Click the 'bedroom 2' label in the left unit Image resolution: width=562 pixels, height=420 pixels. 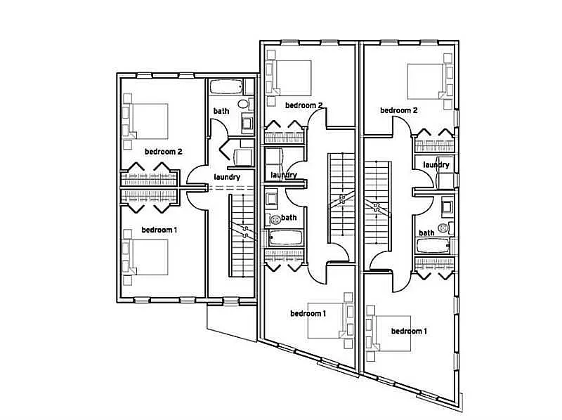[x=164, y=151]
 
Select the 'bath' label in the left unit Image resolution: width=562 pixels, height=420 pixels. [x=221, y=111]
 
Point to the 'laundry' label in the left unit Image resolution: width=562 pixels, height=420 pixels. [x=227, y=177]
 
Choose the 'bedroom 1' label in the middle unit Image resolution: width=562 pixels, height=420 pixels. [x=308, y=313]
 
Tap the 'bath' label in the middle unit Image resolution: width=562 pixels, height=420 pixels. [x=288, y=218]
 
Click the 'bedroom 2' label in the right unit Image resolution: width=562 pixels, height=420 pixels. [x=399, y=110]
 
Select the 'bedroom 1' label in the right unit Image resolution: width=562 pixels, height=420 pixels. [x=408, y=331]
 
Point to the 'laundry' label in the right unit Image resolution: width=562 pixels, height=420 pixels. [x=436, y=164]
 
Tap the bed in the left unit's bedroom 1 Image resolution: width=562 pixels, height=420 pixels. [x=149, y=256]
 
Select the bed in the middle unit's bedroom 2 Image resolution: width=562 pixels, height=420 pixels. [x=292, y=77]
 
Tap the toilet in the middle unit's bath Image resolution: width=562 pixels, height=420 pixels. [x=275, y=219]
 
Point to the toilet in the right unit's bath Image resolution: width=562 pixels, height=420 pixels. [x=443, y=228]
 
